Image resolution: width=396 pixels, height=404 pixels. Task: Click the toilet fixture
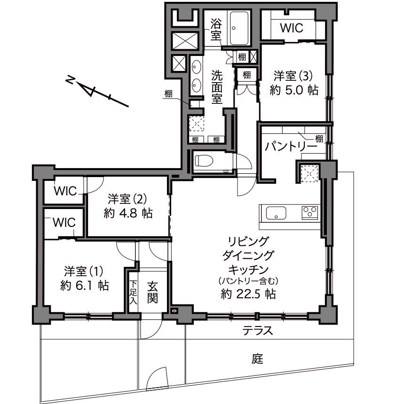click(204, 161)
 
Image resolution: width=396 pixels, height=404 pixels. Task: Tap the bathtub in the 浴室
click(240, 28)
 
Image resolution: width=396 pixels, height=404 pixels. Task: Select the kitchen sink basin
click(276, 213)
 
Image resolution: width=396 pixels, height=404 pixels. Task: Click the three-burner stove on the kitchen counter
click(310, 213)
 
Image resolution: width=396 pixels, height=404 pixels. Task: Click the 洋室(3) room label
click(293, 76)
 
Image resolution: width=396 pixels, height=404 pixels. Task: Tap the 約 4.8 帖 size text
click(128, 213)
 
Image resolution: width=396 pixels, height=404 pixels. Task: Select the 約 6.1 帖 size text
click(84, 286)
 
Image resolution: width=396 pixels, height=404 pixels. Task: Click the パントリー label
click(291, 147)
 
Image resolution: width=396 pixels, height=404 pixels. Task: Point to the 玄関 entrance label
click(153, 293)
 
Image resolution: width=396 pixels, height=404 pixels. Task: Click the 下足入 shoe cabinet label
click(134, 292)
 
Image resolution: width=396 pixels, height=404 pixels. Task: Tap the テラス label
click(258, 330)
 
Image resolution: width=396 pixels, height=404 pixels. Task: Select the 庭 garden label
click(257, 358)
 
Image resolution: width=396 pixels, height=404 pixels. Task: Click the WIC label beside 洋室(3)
click(292, 28)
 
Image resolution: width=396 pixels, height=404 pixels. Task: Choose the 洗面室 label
click(217, 87)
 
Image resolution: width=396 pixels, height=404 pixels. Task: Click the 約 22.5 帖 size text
click(248, 294)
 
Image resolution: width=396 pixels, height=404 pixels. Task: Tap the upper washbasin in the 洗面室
click(197, 67)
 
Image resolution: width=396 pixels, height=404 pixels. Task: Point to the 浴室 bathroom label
click(216, 29)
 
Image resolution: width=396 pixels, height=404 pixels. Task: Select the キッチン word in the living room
click(248, 270)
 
